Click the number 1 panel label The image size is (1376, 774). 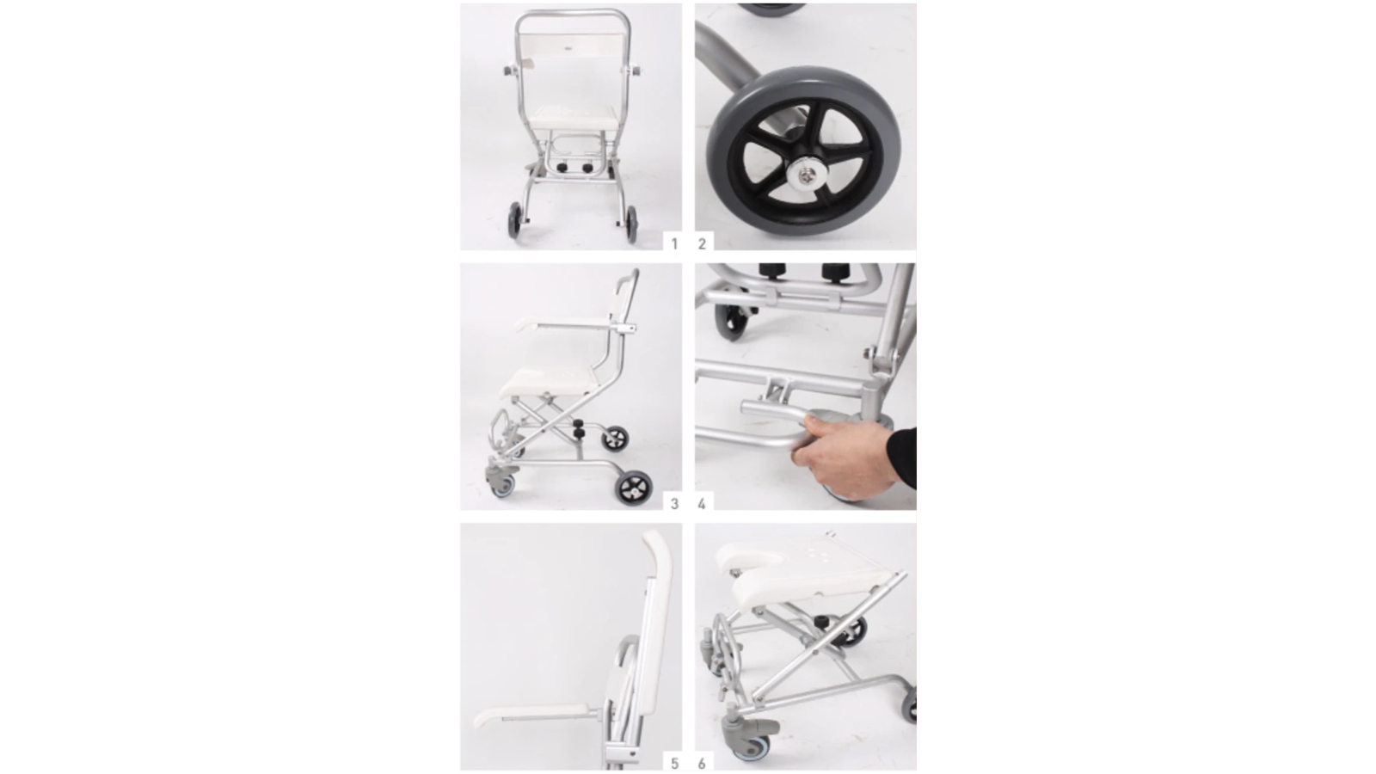click(674, 244)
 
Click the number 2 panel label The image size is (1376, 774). click(702, 244)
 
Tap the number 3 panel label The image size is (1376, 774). click(674, 504)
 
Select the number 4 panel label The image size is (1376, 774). click(702, 504)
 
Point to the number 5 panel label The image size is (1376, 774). click(674, 764)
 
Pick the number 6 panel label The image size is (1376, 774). click(702, 764)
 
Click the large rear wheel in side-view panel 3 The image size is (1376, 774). click(634, 487)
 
